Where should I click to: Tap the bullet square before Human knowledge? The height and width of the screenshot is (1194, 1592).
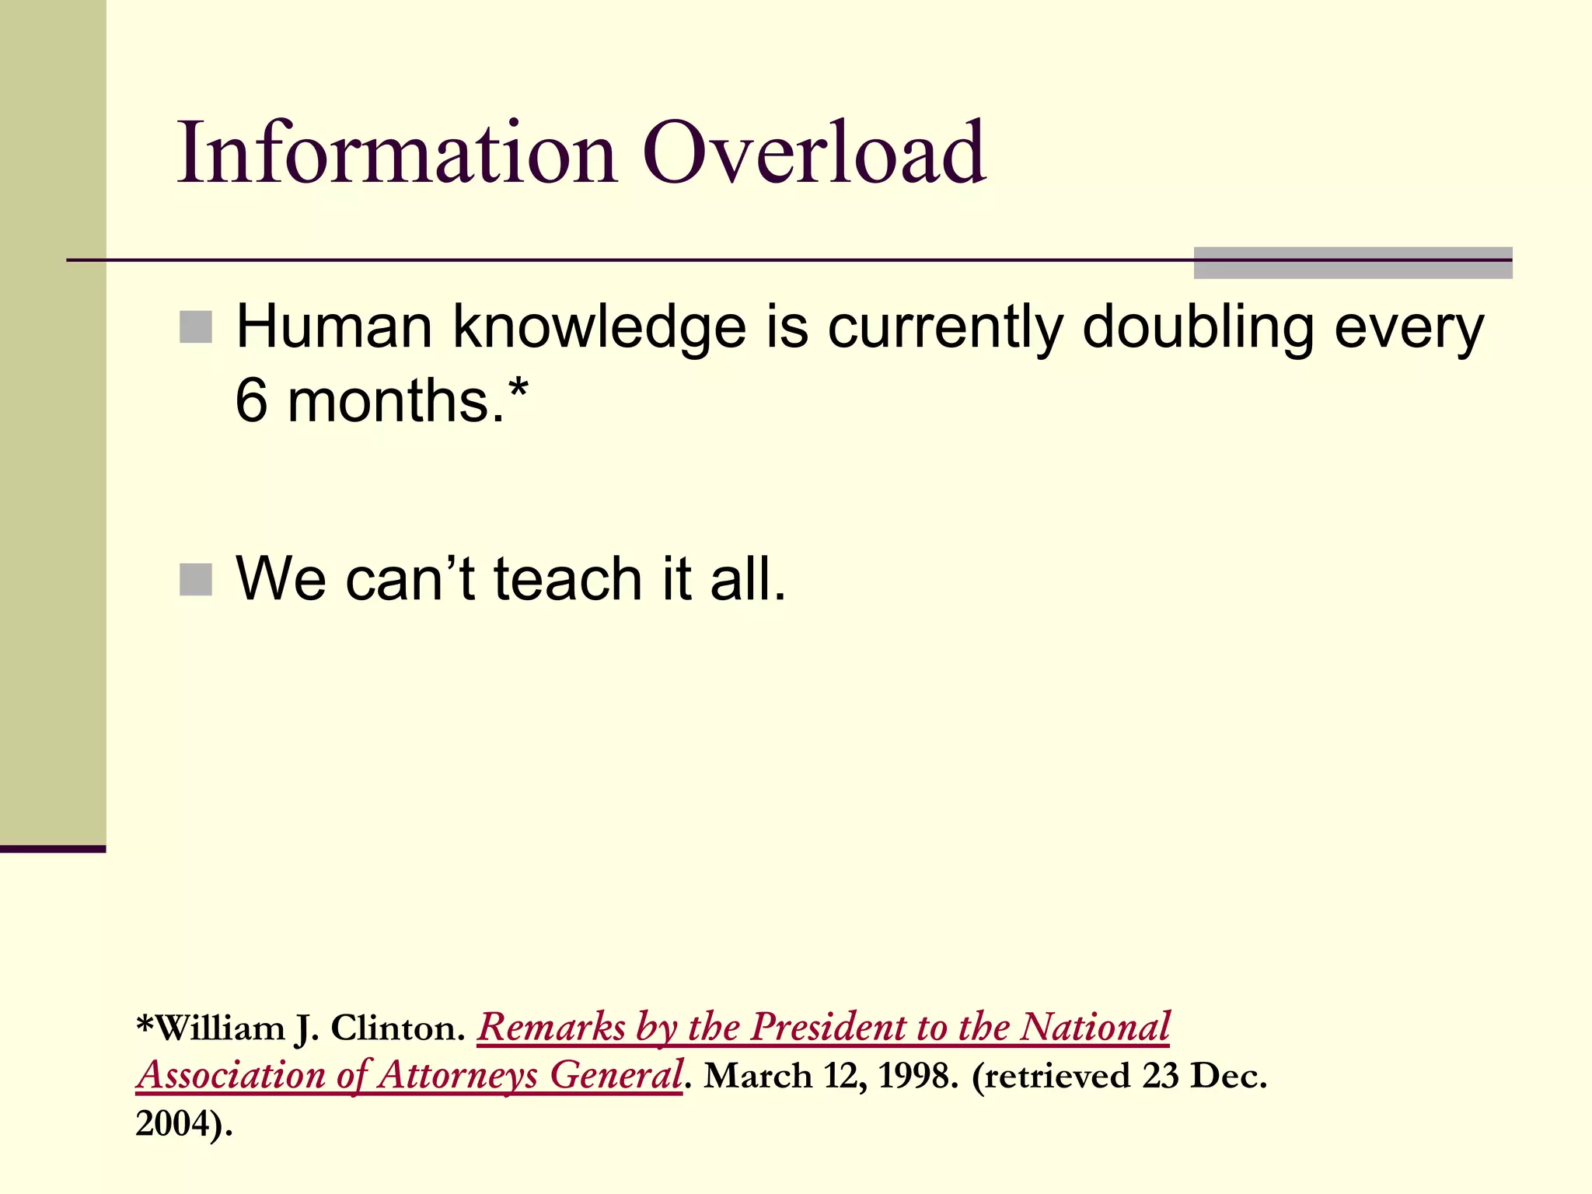195,326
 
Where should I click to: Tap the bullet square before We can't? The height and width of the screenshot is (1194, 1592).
195,579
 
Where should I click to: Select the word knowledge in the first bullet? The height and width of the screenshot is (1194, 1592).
599,328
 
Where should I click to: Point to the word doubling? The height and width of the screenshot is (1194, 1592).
1196,328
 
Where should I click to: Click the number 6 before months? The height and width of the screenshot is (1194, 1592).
251,401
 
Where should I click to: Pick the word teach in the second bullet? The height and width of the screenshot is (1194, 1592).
567,579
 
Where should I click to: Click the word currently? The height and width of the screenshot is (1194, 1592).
944,328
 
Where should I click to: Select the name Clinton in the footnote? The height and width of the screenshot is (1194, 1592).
397,1028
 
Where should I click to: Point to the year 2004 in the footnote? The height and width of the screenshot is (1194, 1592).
177,1123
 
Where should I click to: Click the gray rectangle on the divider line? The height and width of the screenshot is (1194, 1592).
1352,263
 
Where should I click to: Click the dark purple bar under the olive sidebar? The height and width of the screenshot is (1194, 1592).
52,849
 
